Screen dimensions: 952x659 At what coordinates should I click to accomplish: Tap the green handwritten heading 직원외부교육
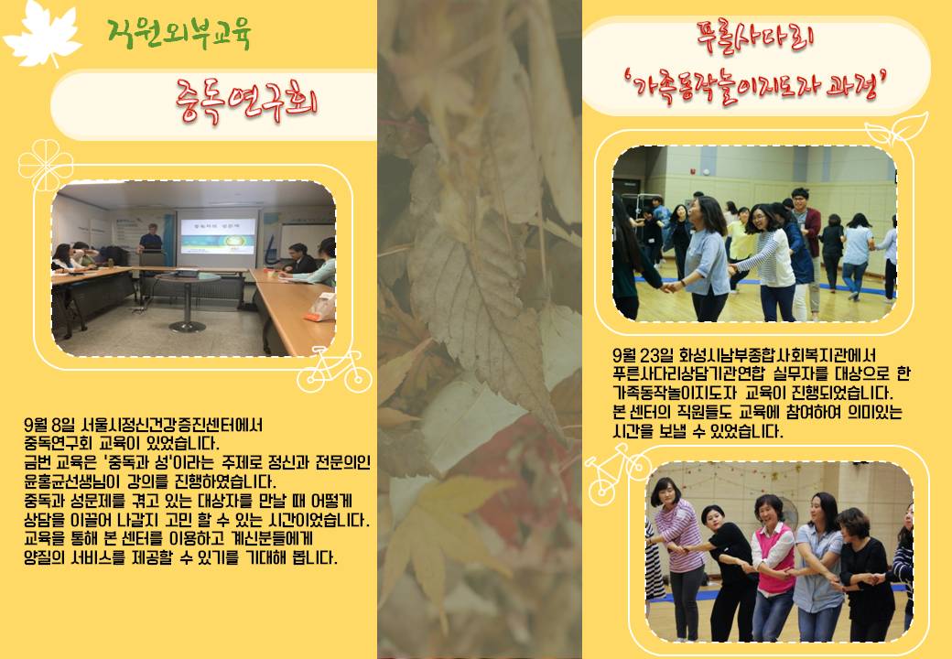tap(179, 33)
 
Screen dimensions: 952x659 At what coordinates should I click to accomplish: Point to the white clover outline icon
tap(46, 165)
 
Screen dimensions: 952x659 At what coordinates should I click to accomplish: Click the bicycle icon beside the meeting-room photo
tap(334, 370)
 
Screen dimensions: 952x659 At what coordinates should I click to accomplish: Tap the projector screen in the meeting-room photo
tap(218, 236)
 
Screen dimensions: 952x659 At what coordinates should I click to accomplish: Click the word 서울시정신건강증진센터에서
tap(172, 425)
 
